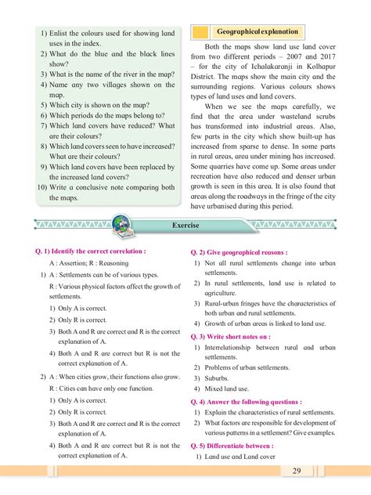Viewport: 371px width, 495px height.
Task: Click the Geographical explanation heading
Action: tap(258, 32)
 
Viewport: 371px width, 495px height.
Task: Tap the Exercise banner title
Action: tap(185, 225)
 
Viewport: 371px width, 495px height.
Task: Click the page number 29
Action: tap(340, 470)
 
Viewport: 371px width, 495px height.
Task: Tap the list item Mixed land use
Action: tap(228, 388)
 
